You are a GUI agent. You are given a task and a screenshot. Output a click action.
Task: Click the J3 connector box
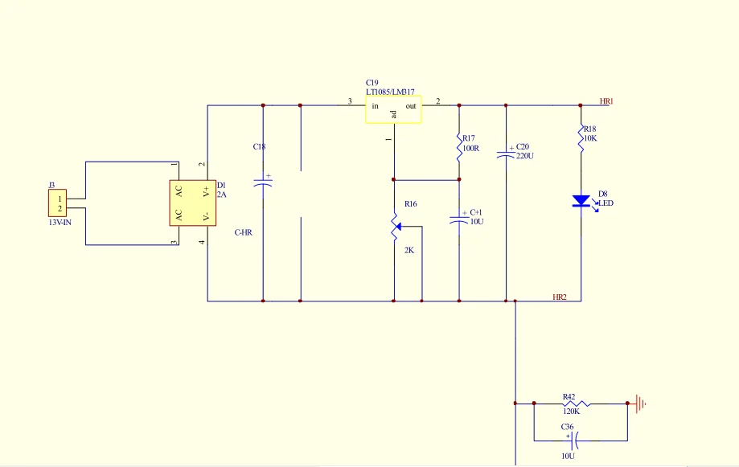[58, 203]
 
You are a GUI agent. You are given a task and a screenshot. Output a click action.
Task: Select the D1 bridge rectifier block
[193, 203]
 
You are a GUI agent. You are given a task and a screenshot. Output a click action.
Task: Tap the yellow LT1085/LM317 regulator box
[393, 109]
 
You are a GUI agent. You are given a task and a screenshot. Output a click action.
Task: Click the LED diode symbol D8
[581, 201]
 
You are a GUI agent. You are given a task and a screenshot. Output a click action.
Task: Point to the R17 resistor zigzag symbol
[459, 148]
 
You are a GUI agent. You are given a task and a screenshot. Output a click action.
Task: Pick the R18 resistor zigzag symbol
[581, 138]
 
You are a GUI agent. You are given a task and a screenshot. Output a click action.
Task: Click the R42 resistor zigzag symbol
[576, 404]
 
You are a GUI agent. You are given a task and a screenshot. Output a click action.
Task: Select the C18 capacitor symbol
[263, 182]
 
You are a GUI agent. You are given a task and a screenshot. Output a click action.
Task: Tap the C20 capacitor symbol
[506, 154]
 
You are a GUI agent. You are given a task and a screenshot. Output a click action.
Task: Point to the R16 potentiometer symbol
[395, 227]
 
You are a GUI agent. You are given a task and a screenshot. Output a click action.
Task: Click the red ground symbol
[640, 404]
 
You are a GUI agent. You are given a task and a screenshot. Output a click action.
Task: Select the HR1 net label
[606, 101]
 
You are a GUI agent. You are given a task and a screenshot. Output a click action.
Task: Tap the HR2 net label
[560, 297]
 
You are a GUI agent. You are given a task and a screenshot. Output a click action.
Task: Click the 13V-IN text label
[60, 222]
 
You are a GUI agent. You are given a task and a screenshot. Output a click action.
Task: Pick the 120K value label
[571, 412]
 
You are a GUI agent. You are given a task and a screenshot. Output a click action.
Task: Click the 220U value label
[525, 156]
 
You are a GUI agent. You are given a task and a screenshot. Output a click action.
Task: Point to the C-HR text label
[243, 232]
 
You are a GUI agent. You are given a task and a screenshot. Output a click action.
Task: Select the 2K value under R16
[409, 250]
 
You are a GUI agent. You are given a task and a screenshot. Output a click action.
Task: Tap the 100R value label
[471, 148]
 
